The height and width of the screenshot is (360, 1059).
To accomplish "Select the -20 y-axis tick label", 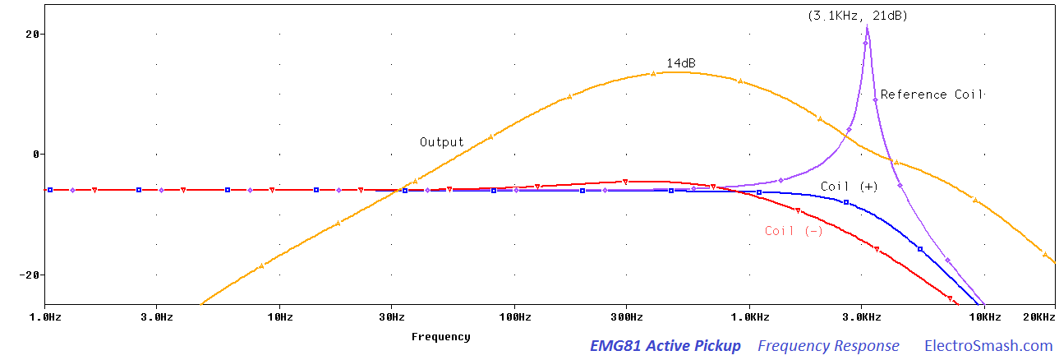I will [x=30, y=275].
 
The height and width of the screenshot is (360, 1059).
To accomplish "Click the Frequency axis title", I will [x=441, y=337].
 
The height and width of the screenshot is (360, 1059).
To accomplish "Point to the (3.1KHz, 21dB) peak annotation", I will [x=858, y=16].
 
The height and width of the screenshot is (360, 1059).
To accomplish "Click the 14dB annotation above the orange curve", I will [x=681, y=62].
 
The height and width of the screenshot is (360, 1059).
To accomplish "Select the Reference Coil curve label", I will [x=932, y=95].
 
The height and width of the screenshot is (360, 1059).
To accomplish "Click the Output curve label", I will [x=442, y=142].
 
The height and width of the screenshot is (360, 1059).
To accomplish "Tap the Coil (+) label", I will [x=850, y=187].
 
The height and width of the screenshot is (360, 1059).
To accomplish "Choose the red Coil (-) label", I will [x=794, y=231].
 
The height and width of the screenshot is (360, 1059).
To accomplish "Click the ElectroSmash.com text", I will [x=988, y=346].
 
